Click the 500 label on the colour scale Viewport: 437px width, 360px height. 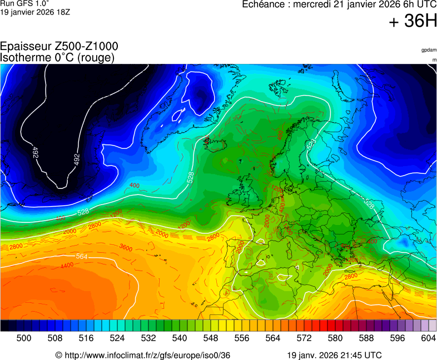[23, 338]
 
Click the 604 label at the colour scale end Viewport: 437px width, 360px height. [428, 338]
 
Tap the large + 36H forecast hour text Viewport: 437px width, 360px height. [413, 22]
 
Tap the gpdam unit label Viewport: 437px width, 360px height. [429, 50]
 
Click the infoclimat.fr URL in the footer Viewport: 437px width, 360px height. [147, 355]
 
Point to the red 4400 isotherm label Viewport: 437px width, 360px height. [67, 266]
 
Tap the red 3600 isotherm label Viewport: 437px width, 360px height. [126, 248]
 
